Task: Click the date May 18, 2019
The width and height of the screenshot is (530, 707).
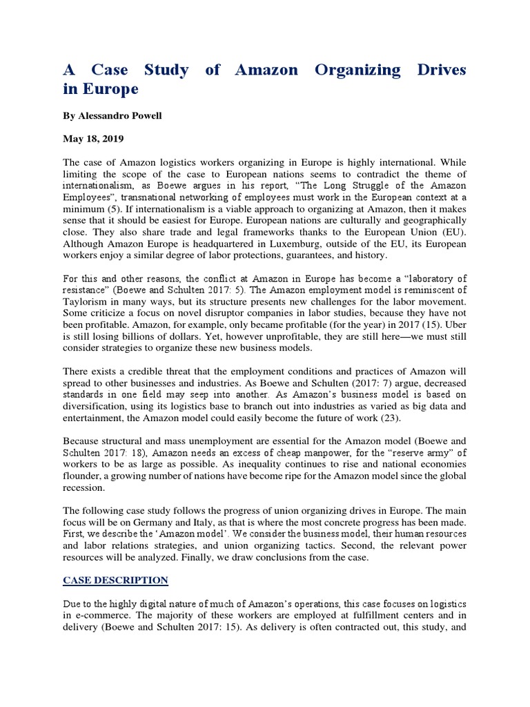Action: pyautogui.click(x=93, y=139)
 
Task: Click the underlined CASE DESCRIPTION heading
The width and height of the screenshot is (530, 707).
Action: pyautogui.click(x=115, y=579)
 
